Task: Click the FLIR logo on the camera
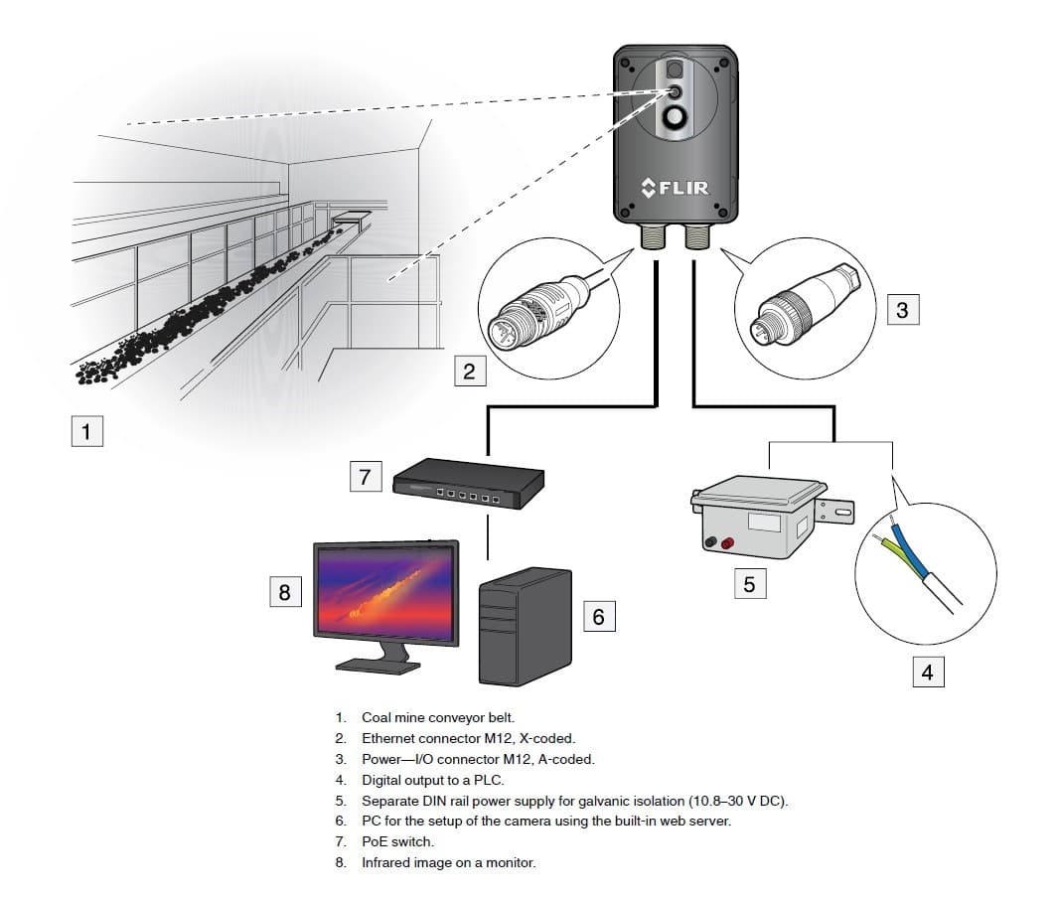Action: pos(676,187)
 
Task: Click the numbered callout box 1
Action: pos(86,432)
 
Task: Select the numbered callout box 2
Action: pos(469,373)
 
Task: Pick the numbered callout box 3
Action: pos(901,309)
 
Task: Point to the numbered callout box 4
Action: pos(927,673)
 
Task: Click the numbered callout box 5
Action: pos(749,584)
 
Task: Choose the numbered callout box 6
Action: pos(598,616)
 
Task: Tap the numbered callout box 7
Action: pos(365,477)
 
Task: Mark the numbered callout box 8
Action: pos(285,592)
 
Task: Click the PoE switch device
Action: pos(469,486)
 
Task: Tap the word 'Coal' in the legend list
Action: pos(377,717)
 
